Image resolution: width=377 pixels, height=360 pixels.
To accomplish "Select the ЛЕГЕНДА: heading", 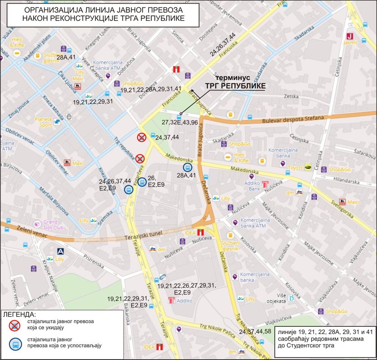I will click(19, 315).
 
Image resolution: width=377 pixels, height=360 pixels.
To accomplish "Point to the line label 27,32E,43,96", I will click(179, 122).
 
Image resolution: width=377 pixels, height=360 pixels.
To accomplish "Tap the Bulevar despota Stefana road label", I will click(293, 118).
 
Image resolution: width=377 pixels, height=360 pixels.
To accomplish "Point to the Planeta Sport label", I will click(45, 122).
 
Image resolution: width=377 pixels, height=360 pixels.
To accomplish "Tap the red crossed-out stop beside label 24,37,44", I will click(142, 137).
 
